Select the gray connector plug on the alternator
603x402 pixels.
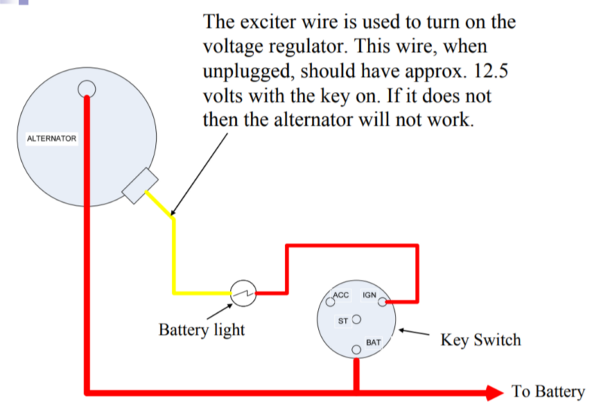[x=139, y=186]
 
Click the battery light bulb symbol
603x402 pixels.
[x=243, y=293]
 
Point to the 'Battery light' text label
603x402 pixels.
[x=201, y=330]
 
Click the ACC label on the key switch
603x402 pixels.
[x=341, y=294]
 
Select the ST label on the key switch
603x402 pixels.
[x=344, y=321]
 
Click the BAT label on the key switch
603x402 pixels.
[x=373, y=342]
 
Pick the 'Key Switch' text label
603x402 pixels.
[x=480, y=340]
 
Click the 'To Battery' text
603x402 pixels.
[x=548, y=391]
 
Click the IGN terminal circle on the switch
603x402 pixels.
[x=383, y=302]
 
